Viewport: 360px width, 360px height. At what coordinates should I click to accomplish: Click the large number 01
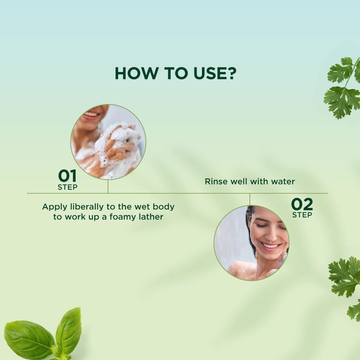click(x=67, y=176)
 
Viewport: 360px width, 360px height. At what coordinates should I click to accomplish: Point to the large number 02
click(x=302, y=204)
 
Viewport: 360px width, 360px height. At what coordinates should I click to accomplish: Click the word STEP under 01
click(x=67, y=187)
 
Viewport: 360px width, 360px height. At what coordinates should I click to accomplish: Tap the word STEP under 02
click(x=302, y=215)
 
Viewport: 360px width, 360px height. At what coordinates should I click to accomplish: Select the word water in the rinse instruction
click(x=283, y=181)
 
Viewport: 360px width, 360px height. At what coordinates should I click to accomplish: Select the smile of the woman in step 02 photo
click(x=270, y=247)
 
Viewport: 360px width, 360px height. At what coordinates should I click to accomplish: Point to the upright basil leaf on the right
click(x=68, y=330)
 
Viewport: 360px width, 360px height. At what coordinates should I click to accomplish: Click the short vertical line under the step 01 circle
click(x=108, y=186)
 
